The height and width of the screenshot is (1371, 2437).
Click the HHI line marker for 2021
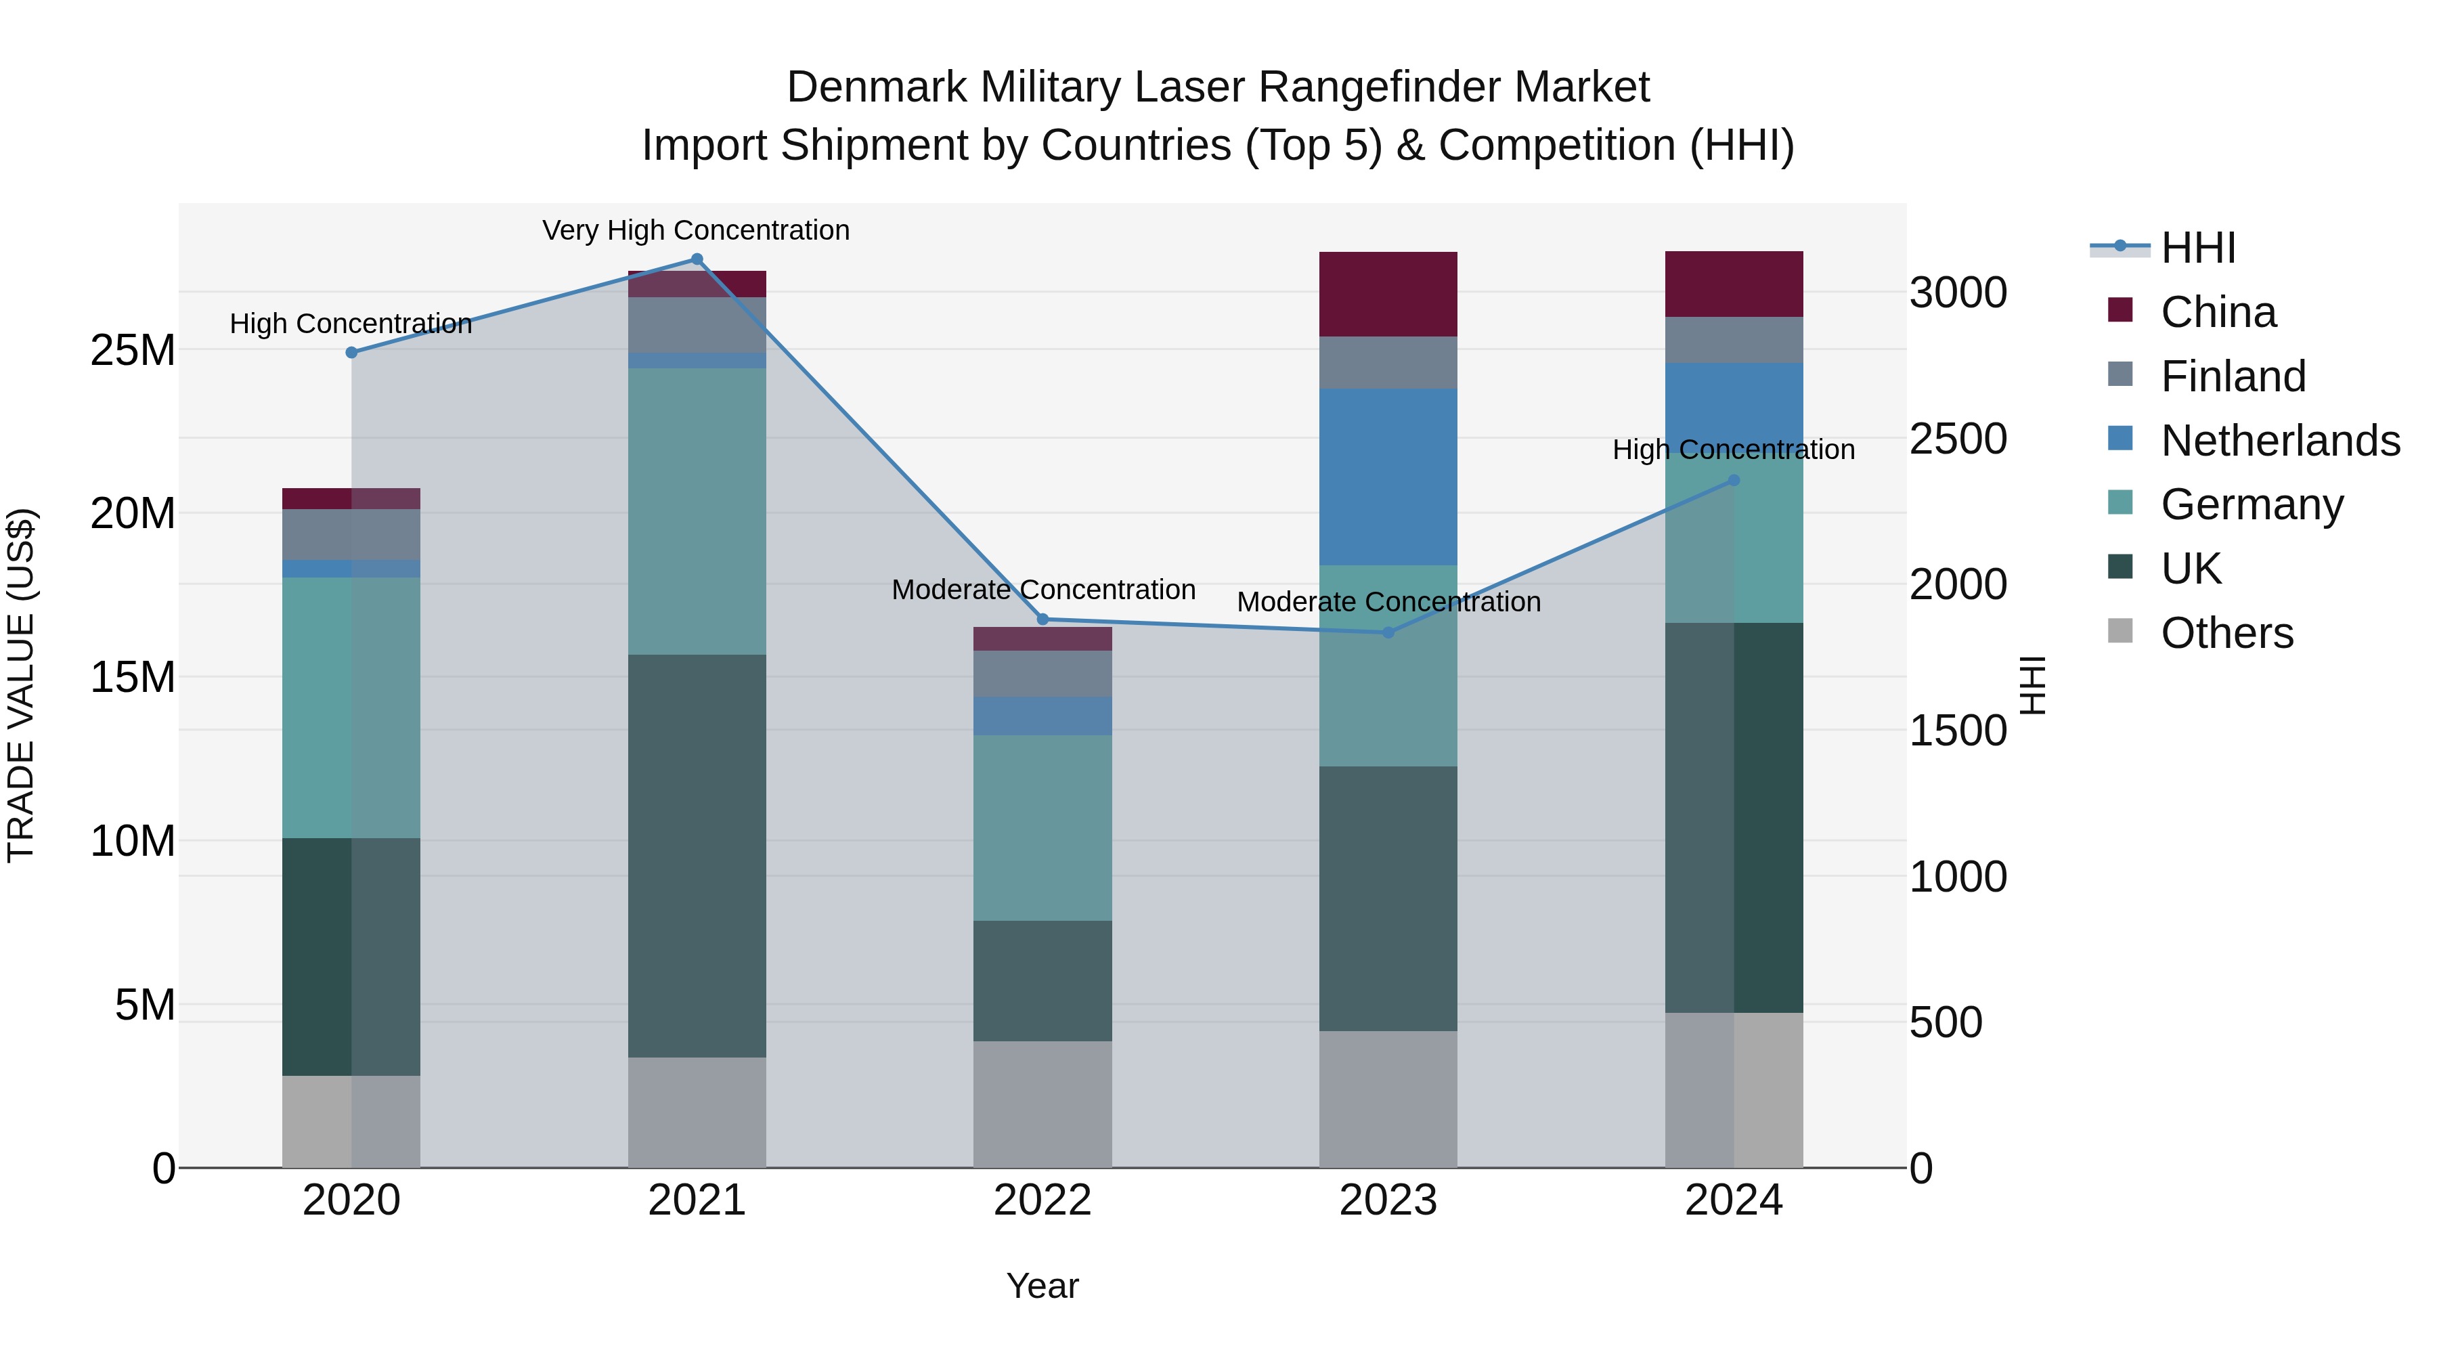tap(697, 259)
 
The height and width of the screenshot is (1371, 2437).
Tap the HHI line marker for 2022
tap(1042, 619)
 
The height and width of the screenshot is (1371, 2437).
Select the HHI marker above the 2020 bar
tap(351, 352)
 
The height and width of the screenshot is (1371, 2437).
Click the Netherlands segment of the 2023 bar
tap(1388, 477)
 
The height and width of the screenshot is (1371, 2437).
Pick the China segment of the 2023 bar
tap(1388, 295)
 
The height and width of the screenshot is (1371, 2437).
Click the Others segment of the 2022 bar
tap(1042, 1104)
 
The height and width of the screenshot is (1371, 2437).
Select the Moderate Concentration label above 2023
tap(1388, 602)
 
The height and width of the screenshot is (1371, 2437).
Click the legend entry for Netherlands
tap(2280, 441)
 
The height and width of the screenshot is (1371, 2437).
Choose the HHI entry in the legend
tap(2197, 248)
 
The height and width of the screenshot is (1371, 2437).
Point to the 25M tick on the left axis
tap(133, 351)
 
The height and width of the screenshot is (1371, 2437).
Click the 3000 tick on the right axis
tap(1957, 292)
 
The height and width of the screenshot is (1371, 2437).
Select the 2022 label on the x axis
tap(1042, 1200)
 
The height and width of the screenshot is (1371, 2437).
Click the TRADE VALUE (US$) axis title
tap(21, 685)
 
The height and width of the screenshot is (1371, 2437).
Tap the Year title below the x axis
tap(1042, 1286)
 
